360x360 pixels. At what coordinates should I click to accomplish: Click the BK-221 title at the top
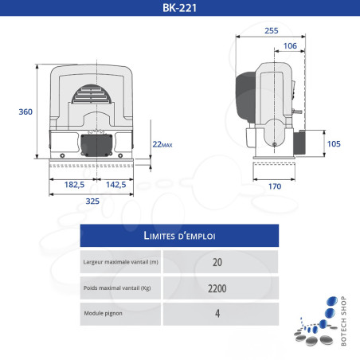[x=180, y=10]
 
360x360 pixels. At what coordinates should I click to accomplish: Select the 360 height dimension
[x=25, y=112]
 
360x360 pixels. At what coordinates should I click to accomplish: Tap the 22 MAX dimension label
[x=162, y=143]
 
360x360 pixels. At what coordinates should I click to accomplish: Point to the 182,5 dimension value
[x=73, y=184]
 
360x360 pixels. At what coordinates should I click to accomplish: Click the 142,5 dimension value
[x=115, y=184]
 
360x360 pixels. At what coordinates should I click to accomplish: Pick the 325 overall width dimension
[x=92, y=202]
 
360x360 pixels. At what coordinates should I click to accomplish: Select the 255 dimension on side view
[x=272, y=30]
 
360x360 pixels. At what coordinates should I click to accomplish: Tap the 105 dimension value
[x=334, y=144]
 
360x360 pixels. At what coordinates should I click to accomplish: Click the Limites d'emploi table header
[x=179, y=236]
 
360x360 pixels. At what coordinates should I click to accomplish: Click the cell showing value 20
[x=218, y=262]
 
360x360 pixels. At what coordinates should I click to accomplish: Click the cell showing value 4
[x=218, y=313]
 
